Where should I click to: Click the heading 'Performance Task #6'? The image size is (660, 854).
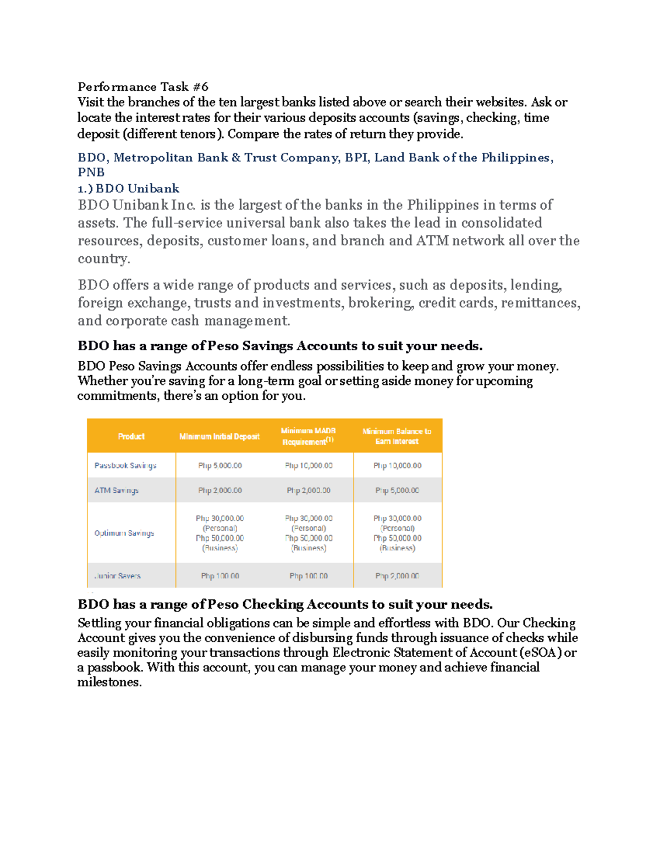[143, 87]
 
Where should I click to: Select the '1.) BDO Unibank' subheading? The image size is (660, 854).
[129, 189]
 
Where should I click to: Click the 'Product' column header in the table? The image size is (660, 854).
[131, 437]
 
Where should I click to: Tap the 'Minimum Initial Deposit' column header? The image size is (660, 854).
[219, 437]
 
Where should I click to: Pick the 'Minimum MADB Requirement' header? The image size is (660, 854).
[308, 436]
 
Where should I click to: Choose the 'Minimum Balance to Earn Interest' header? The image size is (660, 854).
[397, 436]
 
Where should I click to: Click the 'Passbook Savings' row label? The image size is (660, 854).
[125, 466]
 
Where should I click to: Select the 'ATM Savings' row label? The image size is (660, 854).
[117, 491]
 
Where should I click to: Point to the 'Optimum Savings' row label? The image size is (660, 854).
[124, 533]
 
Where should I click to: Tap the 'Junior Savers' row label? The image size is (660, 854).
[118, 576]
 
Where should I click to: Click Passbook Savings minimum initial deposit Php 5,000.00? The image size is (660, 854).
[220, 466]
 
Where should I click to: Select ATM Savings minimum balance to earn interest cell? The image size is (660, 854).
[397, 491]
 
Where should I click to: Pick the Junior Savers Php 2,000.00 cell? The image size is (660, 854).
[397, 576]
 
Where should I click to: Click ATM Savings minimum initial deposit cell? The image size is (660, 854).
[220, 491]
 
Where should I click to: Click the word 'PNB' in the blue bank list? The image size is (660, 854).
[91, 173]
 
